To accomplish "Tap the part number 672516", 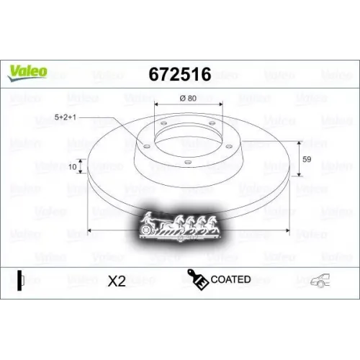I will [179, 74].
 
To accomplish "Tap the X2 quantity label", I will [116, 281].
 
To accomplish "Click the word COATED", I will [230, 279].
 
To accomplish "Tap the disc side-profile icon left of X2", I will [21, 280].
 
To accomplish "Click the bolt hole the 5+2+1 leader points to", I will [147, 146].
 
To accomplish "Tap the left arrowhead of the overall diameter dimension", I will [89, 230].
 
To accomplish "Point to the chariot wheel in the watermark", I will [148, 227].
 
